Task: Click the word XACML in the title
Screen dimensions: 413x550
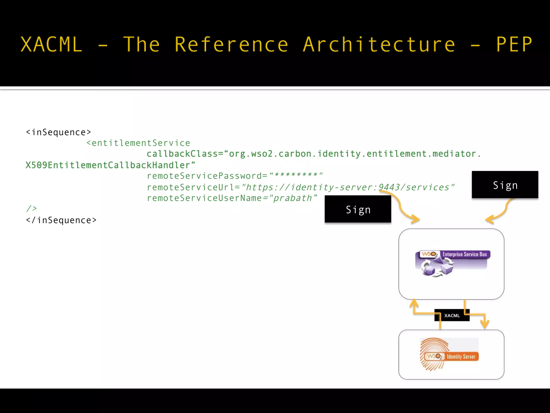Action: pos(51,44)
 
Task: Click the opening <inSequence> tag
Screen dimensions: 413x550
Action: pos(59,132)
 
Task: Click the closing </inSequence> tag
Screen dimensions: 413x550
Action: pos(61,220)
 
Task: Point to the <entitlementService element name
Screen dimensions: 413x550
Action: pos(138,143)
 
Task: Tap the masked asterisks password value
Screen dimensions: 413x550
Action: pos(295,175)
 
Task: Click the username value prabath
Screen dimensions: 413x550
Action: pos(293,198)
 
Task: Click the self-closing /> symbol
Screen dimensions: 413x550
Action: pos(31,209)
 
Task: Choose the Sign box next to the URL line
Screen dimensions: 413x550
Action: pos(505,185)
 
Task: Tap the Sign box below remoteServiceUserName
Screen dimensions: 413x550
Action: pos(358,209)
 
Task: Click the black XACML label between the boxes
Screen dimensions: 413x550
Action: pos(452,315)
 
